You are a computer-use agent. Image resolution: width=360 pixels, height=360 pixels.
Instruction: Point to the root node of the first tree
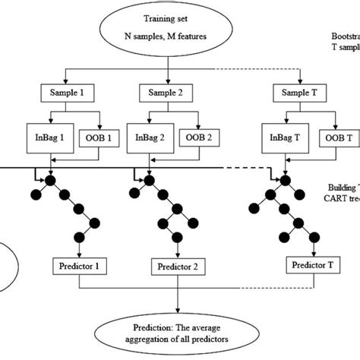49,182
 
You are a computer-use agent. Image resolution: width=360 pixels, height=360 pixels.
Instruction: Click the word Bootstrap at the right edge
345,36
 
